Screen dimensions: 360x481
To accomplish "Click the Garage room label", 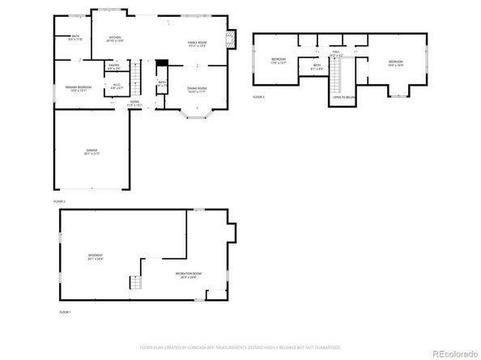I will click(92, 152).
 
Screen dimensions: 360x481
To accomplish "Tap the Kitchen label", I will click(115, 40).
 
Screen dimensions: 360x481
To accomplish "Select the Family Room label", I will click(198, 44).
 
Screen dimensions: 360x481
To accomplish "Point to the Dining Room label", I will click(197, 90).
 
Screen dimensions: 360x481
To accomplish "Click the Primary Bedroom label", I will click(77, 89).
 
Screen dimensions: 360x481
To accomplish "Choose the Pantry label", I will click(114, 67).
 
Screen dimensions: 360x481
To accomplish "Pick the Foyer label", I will click(134, 104).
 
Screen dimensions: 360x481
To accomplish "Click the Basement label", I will click(96, 257).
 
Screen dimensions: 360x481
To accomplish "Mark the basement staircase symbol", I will click(134, 282).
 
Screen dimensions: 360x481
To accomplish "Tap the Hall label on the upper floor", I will click(336, 53).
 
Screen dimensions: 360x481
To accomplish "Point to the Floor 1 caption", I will click(64, 311).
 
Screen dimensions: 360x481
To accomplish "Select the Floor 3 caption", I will click(259, 96).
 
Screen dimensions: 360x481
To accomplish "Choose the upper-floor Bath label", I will click(317, 67).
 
